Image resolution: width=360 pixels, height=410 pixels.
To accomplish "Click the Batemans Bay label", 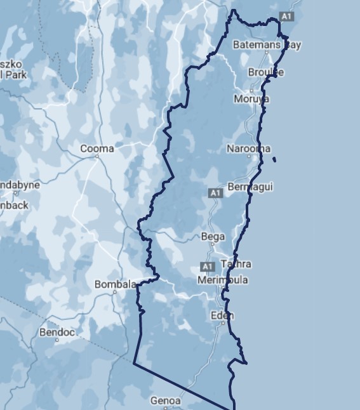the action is pyautogui.click(x=267, y=45).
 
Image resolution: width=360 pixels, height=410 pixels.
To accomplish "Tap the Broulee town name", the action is pyautogui.click(x=266, y=72).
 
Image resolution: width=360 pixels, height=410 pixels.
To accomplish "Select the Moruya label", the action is pyautogui.click(x=251, y=99).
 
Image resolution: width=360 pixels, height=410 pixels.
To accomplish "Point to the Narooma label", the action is pyautogui.click(x=248, y=149).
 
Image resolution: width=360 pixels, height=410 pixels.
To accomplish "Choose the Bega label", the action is pyautogui.click(x=213, y=237).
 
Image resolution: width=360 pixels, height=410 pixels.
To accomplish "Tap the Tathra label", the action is pyautogui.click(x=236, y=264).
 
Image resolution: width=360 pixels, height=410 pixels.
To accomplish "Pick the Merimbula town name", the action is pyautogui.click(x=223, y=280).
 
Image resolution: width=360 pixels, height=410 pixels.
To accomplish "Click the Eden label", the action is pyautogui.click(x=222, y=315).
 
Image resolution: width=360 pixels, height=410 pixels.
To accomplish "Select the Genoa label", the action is pyautogui.click(x=166, y=400).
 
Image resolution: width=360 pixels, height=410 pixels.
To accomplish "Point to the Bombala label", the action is pyautogui.click(x=116, y=284).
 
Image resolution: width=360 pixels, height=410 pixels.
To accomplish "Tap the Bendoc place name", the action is pyautogui.click(x=57, y=332).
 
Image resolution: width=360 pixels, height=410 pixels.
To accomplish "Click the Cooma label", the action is pyautogui.click(x=97, y=149).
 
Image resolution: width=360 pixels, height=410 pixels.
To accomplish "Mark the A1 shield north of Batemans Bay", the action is pyautogui.click(x=287, y=16).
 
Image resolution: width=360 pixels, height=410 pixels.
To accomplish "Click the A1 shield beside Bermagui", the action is pyautogui.click(x=216, y=192).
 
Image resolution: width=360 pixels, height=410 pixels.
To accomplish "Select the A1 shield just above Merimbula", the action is pyautogui.click(x=207, y=266).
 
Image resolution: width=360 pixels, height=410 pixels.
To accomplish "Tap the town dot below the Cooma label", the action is pyautogui.click(x=97, y=157).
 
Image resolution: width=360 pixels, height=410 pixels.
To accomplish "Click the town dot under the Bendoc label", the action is pyautogui.click(x=57, y=340).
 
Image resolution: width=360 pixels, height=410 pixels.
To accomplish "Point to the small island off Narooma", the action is pyautogui.click(x=274, y=159).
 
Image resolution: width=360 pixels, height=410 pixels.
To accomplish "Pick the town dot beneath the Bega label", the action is pyautogui.click(x=213, y=244).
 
